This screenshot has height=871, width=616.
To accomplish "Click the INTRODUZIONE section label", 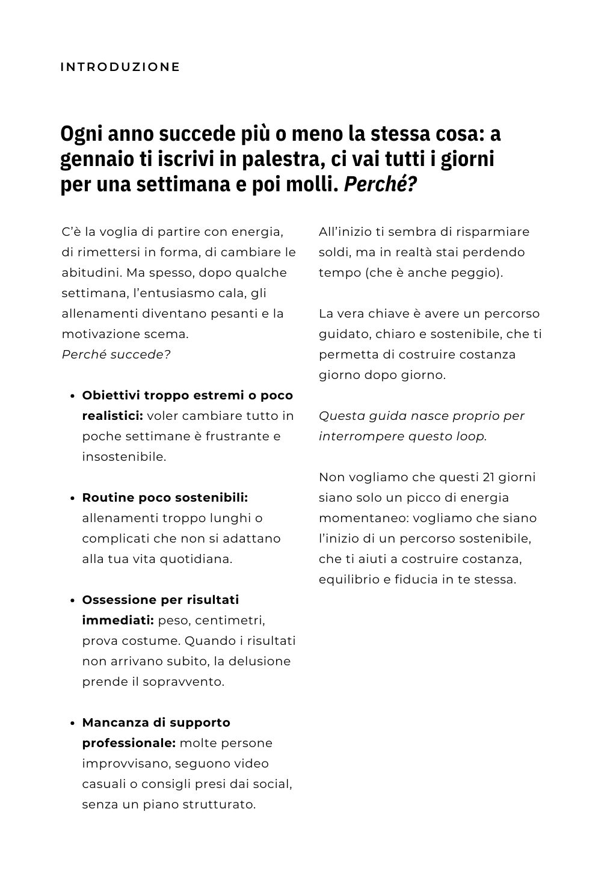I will coord(120,67).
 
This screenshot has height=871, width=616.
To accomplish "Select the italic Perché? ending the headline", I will coord(380,184).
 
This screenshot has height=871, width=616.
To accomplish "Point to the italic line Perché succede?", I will coord(116,354).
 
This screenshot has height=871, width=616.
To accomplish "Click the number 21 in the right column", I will coord(489,477).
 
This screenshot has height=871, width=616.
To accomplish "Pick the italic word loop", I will coord(471,436).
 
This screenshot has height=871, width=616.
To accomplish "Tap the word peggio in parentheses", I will coord(479,272).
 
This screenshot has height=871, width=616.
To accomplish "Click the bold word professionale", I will coord(128,743).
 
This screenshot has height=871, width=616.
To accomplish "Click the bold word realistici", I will coord(112,416).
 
